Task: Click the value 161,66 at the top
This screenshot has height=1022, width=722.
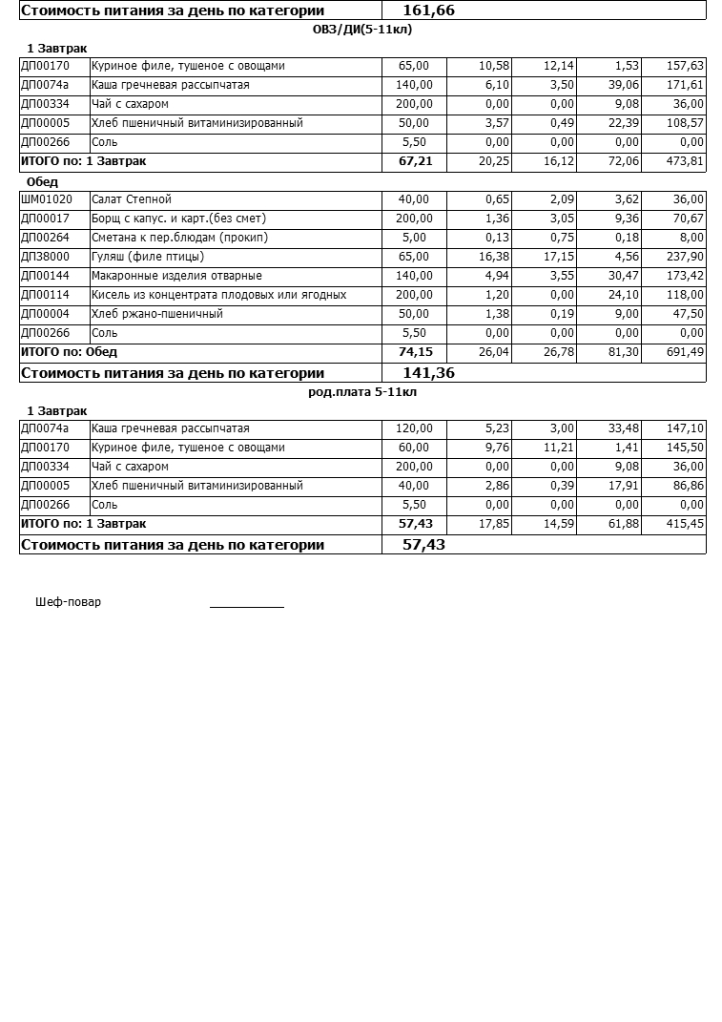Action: [x=429, y=10]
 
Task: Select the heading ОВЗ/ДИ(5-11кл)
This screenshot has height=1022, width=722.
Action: [x=362, y=30]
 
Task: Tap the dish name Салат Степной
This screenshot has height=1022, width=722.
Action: [x=132, y=199]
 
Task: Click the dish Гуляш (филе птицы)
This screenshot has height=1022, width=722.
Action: [x=148, y=257]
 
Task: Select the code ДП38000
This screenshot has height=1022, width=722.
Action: [x=45, y=257]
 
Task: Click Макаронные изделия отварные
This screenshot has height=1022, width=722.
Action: [x=176, y=276]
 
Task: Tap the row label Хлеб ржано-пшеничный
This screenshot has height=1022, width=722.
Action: [x=157, y=314]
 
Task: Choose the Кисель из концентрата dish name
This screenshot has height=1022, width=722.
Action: [x=218, y=295]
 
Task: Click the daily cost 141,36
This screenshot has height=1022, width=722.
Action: [x=429, y=373]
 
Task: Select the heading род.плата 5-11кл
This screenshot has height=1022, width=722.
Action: [x=362, y=392]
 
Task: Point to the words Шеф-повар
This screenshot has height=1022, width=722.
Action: [x=68, y=602]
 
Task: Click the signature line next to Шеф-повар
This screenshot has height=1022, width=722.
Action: [x=247, y=605]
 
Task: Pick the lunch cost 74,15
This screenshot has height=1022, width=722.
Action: [x=415, y=352]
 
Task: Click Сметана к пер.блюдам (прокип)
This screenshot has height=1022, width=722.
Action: [x=179, y=238]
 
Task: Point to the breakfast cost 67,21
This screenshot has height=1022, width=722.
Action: [x=415, y=161]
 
